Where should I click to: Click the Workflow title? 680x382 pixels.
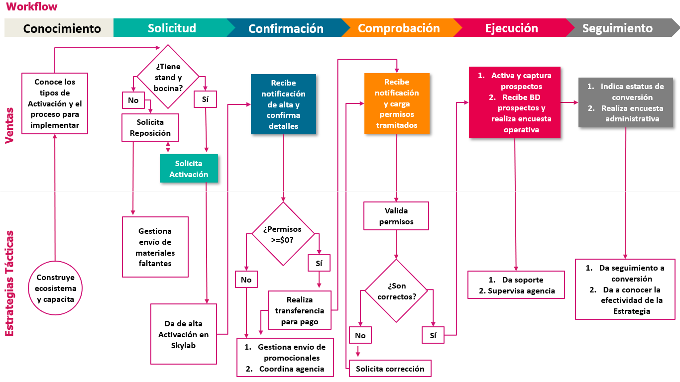(31, 7)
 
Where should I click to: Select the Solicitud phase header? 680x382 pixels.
(172, 28)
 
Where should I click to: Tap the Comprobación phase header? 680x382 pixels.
(399, 28)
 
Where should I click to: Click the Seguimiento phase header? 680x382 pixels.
(617, 28)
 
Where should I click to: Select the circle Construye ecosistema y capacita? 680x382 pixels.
(56, 288)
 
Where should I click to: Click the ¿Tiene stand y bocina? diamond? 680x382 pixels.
(168, 77)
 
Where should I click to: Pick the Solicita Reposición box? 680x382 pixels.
(150, 127)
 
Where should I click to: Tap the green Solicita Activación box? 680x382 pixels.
(189, 169)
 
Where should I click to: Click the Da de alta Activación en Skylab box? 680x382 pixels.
(184, 334)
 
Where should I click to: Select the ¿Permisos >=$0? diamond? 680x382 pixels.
(283, 234)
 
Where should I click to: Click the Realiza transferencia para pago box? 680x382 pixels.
(299, 310)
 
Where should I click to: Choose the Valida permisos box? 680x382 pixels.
(396, 216)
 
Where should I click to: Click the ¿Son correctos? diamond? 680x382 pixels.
(396, 291)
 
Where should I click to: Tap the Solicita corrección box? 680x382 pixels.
(390, 369)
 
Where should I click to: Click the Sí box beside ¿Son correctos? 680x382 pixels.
(433, 335)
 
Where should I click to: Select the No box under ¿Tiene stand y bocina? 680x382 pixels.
(133, 100)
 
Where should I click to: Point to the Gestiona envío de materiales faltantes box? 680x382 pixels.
(155, 247)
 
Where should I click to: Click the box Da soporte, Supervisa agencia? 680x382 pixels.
(516, 285)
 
